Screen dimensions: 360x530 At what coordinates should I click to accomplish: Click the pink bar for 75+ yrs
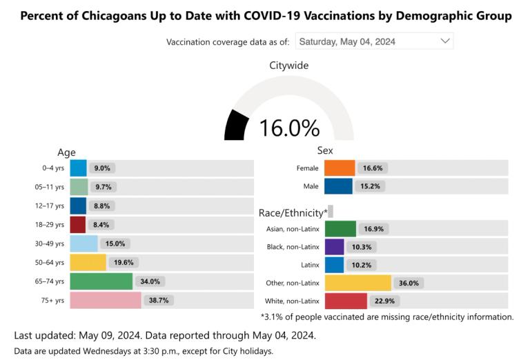106,300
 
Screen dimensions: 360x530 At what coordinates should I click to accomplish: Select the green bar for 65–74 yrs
101,281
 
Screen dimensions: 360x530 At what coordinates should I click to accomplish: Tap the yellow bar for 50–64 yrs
88,262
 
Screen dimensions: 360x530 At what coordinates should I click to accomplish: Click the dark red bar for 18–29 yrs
78,224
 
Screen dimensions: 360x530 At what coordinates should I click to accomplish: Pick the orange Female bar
340,168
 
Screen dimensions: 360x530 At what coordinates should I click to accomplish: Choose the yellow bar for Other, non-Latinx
357,283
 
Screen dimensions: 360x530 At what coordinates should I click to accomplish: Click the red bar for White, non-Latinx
346,301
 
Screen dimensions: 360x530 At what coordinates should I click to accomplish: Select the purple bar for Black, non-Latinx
334,246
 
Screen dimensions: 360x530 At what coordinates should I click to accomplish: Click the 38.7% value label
159,300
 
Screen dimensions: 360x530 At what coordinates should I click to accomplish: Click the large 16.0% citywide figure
289,128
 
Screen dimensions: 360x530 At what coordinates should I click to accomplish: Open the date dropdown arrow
444,41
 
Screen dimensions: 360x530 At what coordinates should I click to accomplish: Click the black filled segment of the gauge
236,126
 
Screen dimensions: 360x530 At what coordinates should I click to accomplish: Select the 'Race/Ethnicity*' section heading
293,213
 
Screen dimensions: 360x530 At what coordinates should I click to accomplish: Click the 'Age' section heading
66,152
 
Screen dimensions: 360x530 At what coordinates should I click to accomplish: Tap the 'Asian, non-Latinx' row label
293,229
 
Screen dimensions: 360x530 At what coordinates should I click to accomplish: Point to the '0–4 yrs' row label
52,168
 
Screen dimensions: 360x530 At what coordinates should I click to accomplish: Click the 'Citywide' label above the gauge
289,66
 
